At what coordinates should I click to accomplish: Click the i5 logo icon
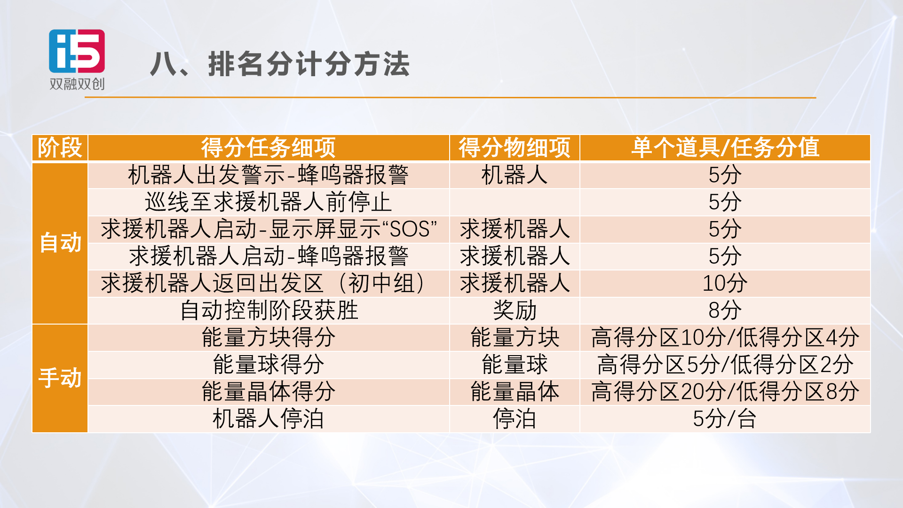tap(77, 51)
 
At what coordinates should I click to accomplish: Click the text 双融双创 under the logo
tap(77, 84)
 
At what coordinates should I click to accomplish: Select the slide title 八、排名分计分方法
tap(280, 64)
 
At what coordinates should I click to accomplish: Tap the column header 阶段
tap(60, 148)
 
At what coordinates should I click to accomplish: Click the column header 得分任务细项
tap(269, 148)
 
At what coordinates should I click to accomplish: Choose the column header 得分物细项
tap(515, 148)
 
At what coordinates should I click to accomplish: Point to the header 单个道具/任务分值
tap(725, 148)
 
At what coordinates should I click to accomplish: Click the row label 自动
tap(60, 243)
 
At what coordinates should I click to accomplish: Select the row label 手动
tap(60, 378)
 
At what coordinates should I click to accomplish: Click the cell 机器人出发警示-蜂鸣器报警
tap(269, 175)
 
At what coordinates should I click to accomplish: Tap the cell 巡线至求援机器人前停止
tap(269, 202)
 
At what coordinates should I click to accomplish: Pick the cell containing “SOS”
tap(269, 230)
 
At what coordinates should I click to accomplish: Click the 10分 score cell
tap(725, 283)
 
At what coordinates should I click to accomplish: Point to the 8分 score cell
tap(725, 310)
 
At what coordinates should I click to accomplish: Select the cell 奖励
tap(515, 310)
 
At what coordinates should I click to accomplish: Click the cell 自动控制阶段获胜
tap(269, 310)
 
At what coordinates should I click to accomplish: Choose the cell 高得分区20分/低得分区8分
tap(725, 392)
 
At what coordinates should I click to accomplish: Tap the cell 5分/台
tap(725, 419)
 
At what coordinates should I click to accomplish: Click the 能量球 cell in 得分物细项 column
tap(515, 365)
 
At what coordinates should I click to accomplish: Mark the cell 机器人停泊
tap(269, 419)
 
